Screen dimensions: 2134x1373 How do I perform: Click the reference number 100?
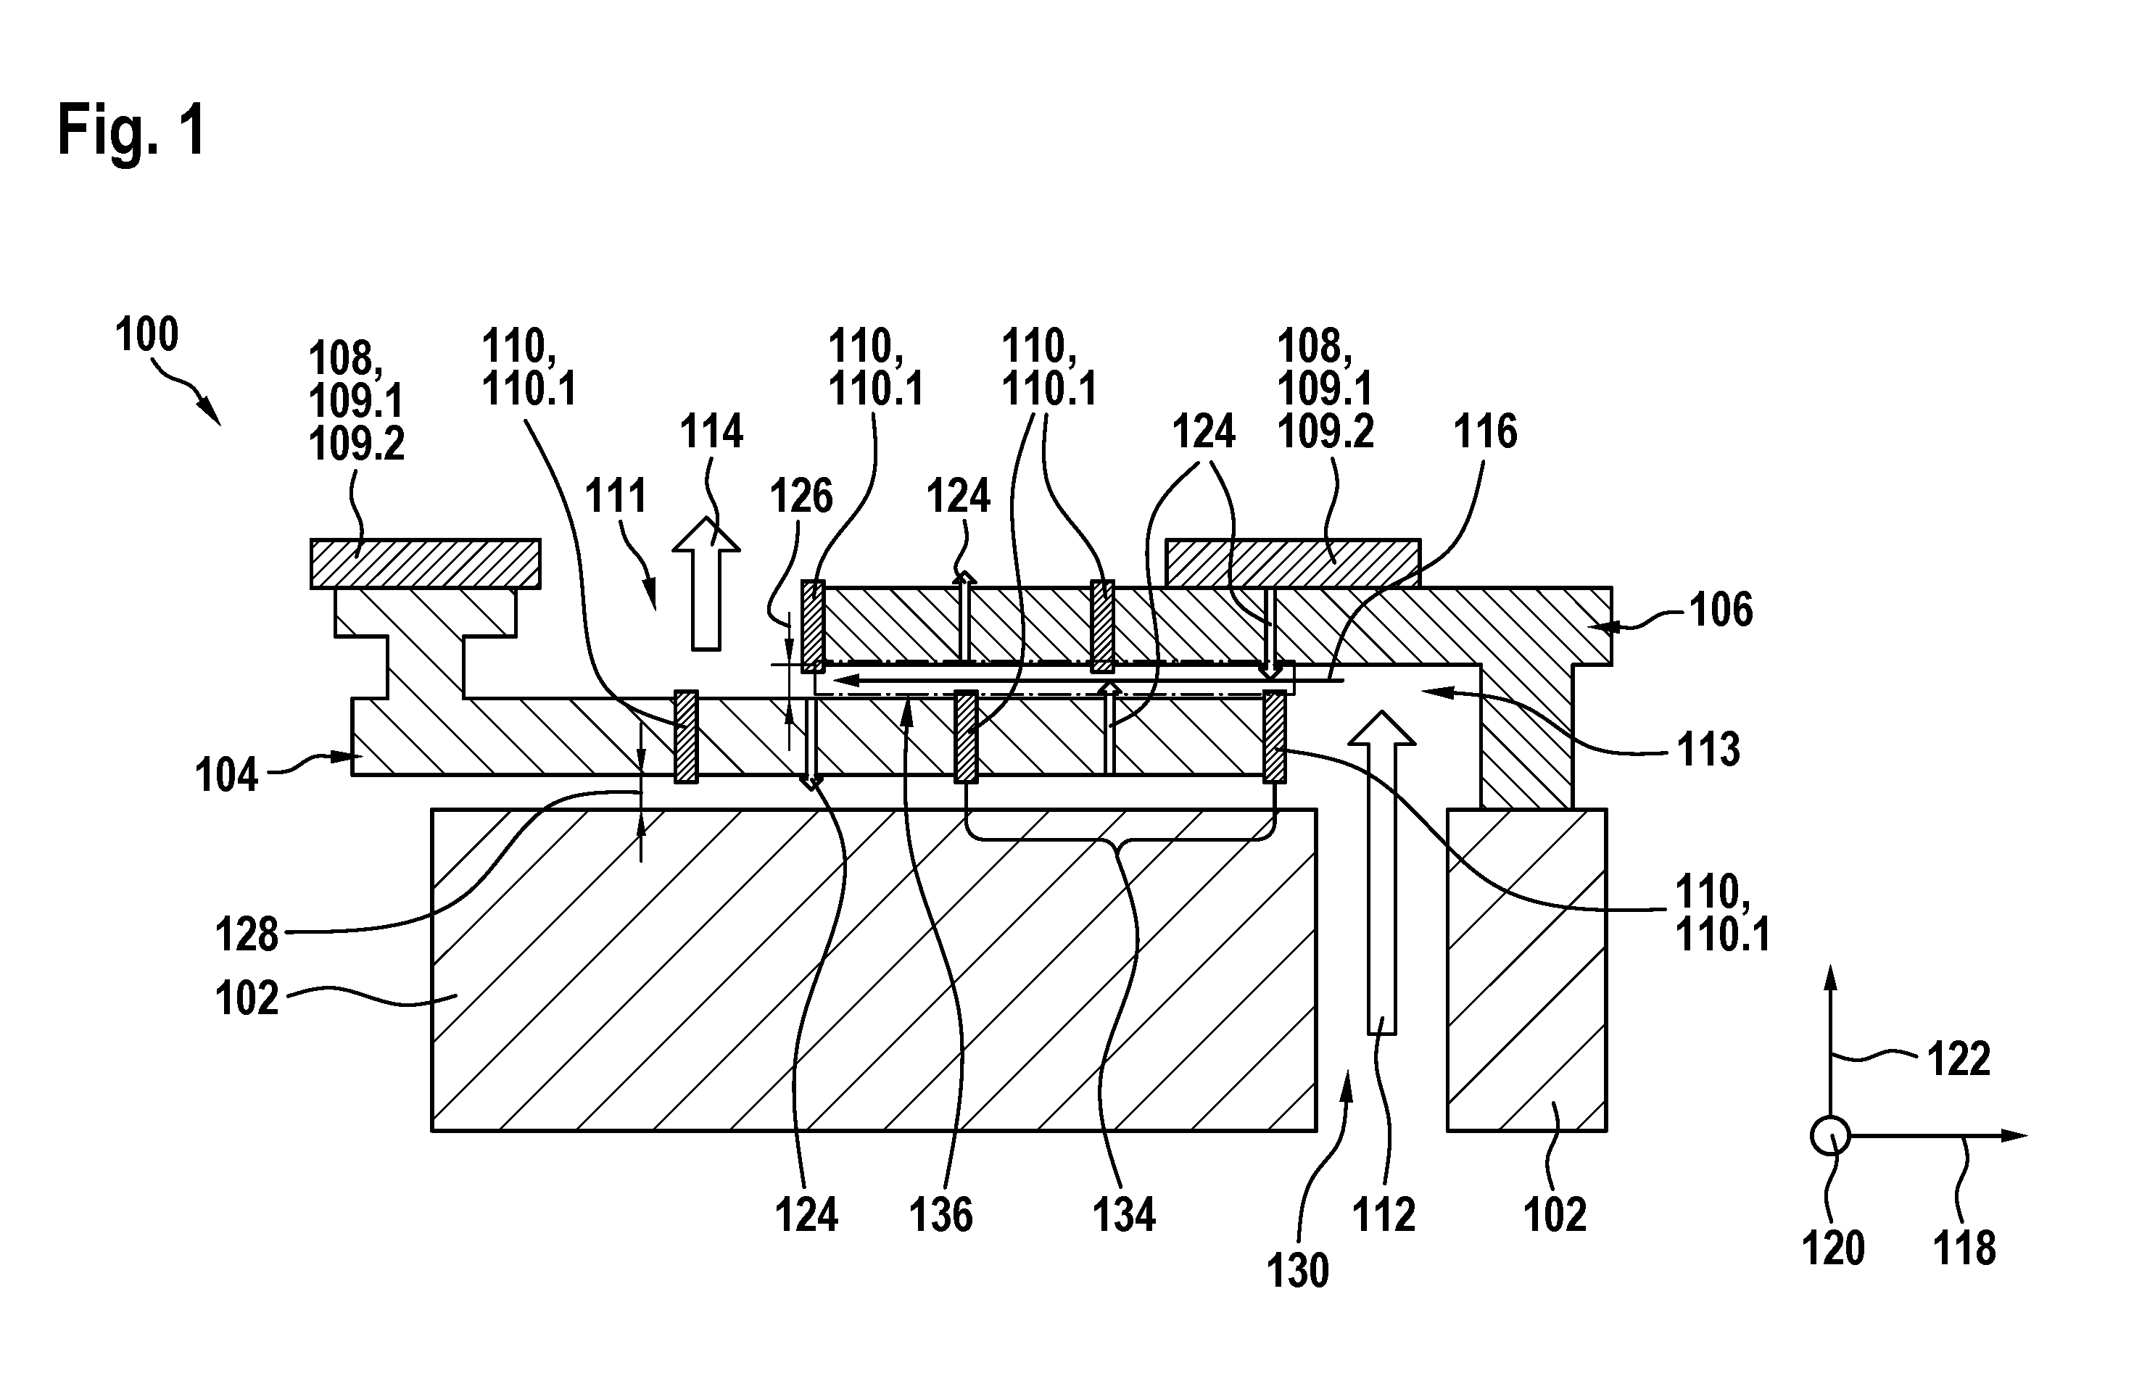(x=147, y=335)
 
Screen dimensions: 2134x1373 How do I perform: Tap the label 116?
(x=1485, y=431)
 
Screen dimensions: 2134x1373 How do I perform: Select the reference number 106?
(x=1722, y=610)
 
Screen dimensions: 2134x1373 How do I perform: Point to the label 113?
(x=1708, y=750)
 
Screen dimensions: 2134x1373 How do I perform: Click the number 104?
(x=226, y=775)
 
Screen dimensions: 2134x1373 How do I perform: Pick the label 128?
(x=247, y=935)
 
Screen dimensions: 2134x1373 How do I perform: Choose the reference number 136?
(x=940, y=1215)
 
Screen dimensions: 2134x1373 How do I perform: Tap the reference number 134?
(x=1125, y=1215)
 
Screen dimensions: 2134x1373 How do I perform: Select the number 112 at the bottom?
(x=1384, y=1215)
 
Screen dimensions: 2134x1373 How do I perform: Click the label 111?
(x=616, y=496)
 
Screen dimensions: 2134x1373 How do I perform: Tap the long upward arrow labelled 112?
(x=1381, y=872)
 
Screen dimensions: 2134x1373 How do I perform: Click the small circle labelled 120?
(x=1830, y=1137)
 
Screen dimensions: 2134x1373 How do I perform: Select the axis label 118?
(x=1964, y=1248)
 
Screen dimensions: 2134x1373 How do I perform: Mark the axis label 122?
(x=1959, y=1060)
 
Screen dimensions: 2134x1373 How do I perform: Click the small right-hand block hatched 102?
(x=1526, y=970)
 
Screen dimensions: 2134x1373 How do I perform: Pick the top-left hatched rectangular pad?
(x=426, y=563)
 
